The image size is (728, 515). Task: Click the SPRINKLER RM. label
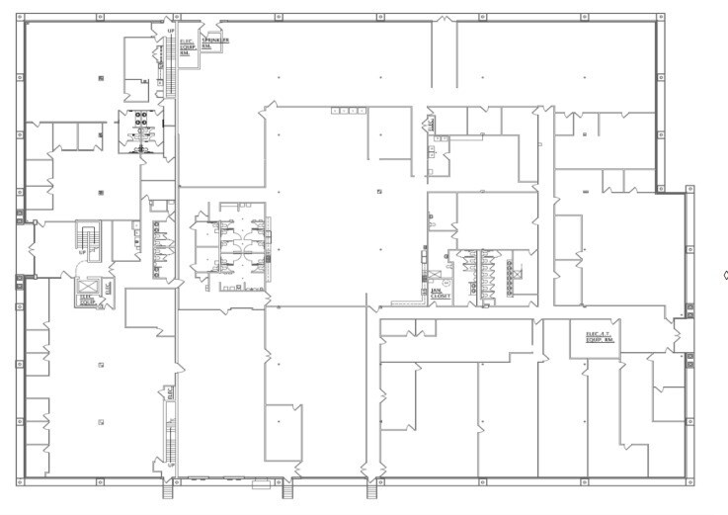(x=215, y=43)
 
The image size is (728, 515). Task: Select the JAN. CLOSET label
(x=441, y=293)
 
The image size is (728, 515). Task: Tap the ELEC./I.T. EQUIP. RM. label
(x=601, y=337)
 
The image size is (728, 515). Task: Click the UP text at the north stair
(x=170, y=32)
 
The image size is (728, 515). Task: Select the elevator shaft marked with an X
(x=86, y=287)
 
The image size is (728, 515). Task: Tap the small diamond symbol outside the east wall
(x=723, y=276)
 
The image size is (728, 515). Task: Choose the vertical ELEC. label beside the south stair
(x=170, y=392)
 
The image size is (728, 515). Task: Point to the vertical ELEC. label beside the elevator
(x=109, y=289)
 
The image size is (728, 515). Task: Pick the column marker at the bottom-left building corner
(x=19, y=481)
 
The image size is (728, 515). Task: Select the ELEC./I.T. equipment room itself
(x=600, y=342)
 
